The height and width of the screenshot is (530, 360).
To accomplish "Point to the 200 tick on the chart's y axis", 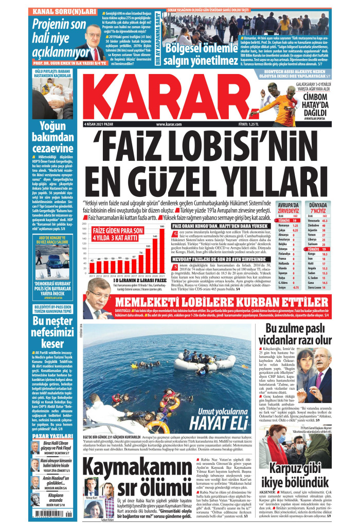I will coord(84,224).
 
